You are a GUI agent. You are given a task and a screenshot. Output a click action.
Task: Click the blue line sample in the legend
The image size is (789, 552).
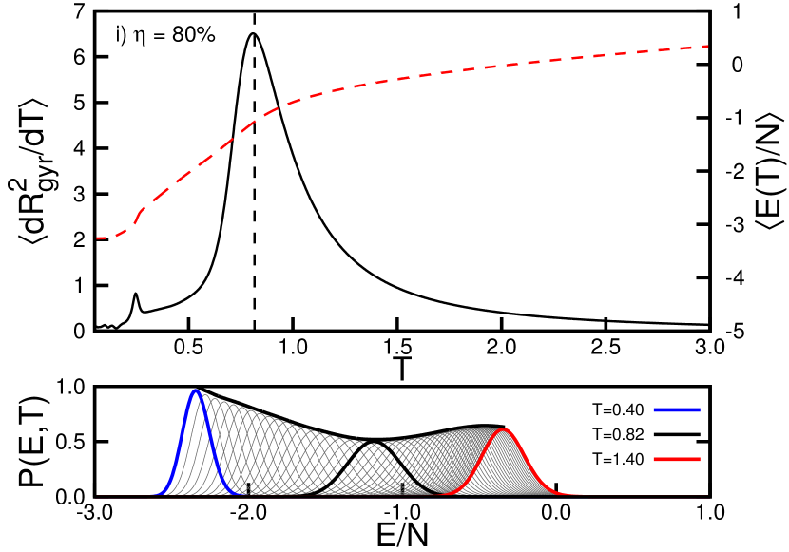(x=677, y=409)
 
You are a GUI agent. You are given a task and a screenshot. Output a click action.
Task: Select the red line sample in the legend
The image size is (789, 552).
(x=677, y=459)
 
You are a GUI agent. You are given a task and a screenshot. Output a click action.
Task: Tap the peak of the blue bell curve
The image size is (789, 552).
(x=196, y=390)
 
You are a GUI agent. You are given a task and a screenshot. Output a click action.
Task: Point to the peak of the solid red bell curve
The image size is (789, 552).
(x=505, y=429)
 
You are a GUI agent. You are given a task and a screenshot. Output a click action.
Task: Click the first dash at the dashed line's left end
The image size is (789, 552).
(x=100, y=238)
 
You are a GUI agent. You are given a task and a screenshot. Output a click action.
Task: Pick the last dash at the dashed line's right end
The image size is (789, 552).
(x=702, y=46)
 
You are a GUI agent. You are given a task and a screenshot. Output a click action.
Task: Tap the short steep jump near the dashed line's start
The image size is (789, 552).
(x=138, y=215)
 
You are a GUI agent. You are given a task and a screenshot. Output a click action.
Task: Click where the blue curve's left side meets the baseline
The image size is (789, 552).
(x=152, y=494)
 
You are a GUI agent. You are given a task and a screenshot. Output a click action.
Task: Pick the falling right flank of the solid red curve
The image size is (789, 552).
(x=529, y=461)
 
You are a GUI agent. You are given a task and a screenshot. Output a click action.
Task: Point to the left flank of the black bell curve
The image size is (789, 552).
(x=352, y=466)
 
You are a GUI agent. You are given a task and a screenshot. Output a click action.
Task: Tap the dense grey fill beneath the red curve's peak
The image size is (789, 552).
(x=505, y=470)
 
